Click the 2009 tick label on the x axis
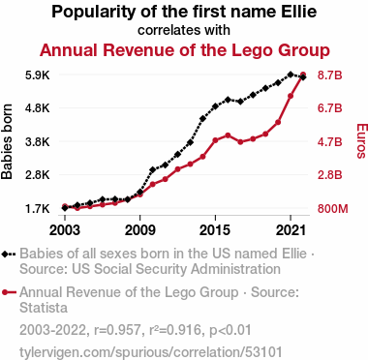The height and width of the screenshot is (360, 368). pos(140,230)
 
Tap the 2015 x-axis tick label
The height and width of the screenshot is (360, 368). pos(215,230)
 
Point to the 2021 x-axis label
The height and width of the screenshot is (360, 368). pos(291,230)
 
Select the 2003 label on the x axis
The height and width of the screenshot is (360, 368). pos(65,230)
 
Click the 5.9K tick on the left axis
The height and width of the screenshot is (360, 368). pos(38,75)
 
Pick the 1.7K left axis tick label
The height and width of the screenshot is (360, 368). pos(38,209)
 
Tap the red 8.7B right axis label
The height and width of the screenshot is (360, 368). pos(329,75)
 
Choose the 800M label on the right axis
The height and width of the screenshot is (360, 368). pos(333,209)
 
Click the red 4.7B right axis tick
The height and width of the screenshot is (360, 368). pos(329,142)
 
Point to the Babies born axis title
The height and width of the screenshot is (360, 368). pos(7,141)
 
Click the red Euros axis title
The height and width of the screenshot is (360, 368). pos(362,141)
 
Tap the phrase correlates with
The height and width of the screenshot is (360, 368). pos(184,30)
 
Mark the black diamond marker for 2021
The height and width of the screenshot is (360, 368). pos(291,75)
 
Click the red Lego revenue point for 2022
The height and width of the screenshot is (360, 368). pos(303,75)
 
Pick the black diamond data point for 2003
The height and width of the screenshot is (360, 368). pos(65,208)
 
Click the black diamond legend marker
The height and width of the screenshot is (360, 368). pos(5,254)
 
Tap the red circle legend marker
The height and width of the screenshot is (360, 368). pos(5,292)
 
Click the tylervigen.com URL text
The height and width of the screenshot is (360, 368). pos(151,352)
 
